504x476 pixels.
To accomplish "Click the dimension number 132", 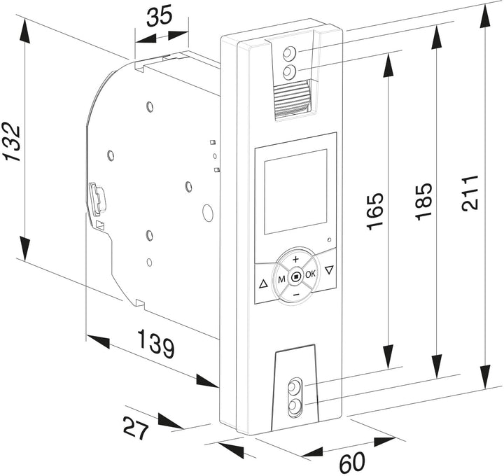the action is (x=12, y=141).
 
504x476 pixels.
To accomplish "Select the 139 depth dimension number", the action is (x=156, y=344).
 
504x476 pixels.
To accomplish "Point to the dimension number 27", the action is (x=136, y=428).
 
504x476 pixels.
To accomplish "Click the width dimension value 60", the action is (x=352, y=462).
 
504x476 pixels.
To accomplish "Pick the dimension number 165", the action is (x=374, y=211).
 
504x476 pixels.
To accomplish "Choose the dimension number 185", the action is (x=423, y=202).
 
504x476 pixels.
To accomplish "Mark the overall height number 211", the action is (x=470, y=192).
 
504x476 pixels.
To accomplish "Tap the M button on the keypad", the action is (x=281, y=279).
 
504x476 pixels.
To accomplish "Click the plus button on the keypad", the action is (x=295, y=259).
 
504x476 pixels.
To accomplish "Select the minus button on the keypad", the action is (x=296, y=294).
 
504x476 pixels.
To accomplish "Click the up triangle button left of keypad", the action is (x=263, y=283).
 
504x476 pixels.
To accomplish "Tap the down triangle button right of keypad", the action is (x=328, y=269).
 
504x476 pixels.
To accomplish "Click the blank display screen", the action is (x=295, y=192).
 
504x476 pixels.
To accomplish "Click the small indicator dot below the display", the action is (x=329, y=240).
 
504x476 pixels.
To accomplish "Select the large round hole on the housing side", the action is (x=208, y=212).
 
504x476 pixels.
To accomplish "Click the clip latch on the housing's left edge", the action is (x=97, y=198).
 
